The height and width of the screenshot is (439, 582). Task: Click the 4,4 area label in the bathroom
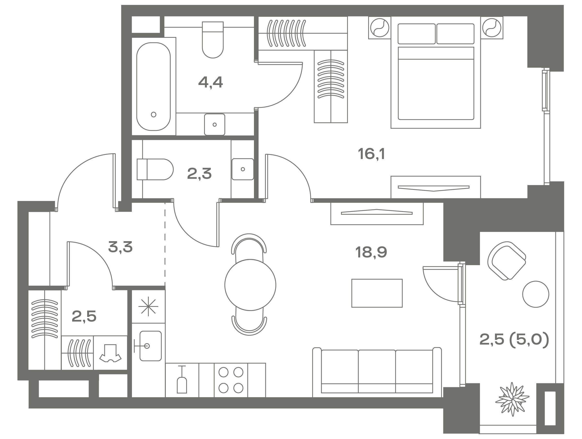(x=210, y=82)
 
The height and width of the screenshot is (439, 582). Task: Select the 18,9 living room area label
(x=371, y=252)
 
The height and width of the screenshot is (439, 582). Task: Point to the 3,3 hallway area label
(x=120, y=247)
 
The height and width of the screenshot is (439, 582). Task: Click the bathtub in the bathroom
(x=153, y=86)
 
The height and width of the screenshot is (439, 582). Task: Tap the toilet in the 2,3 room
(x=155, y=169)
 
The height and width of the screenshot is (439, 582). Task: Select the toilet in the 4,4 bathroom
(x=213, y=40)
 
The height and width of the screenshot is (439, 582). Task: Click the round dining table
(x=250, y=285)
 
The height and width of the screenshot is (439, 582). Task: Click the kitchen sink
(x=150, y=346)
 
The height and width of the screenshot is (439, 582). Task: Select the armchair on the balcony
(x=506, y=261)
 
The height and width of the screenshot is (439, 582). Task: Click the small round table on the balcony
(x=536, y=294)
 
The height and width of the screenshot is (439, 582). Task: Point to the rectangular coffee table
(x=377, y=293)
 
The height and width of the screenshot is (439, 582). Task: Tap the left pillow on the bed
(x=416, y=34)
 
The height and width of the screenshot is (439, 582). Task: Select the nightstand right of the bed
(x=492, y=28)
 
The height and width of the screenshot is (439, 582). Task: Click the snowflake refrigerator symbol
(x=148, y=306)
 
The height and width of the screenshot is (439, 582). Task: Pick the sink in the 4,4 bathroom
(x=215, y=124)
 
